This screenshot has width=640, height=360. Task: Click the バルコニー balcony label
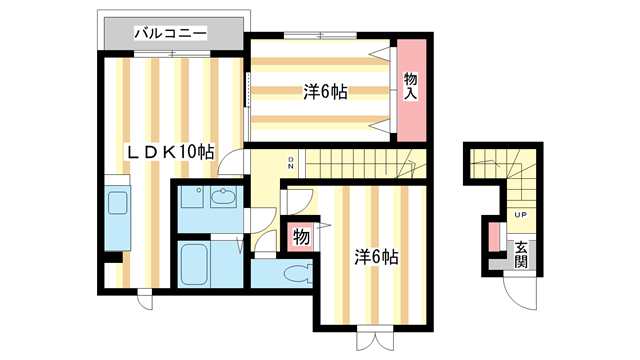click(x=170, y=33)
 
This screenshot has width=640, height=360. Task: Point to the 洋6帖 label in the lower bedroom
click(x=377, y=257)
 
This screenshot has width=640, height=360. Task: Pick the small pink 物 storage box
click(x=299, y=238)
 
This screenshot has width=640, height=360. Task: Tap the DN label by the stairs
click(x=291, y=161)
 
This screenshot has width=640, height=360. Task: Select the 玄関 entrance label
click(x=521, y=254)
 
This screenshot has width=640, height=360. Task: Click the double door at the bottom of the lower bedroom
click(x=370, y=339)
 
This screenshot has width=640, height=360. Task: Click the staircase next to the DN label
click(x=360, y=161)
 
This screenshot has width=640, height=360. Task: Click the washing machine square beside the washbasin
click(x=192, y=198)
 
